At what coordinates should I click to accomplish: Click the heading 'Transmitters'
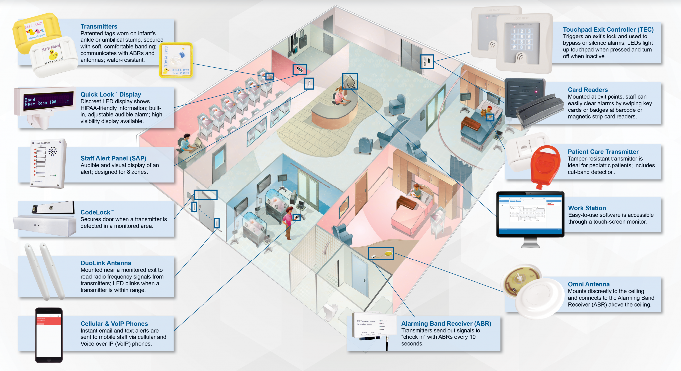(x=99, y=27)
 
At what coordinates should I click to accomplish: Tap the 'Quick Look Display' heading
(x=111, y=95)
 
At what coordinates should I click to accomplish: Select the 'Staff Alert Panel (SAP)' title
(x=113, y=158)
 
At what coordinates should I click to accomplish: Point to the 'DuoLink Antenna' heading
(x=106, y=263)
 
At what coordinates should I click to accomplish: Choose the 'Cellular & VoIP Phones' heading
(x=114, y=324)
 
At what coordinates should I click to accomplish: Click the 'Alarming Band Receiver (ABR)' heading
(x=446, y=324)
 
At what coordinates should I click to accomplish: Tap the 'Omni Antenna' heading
(x=589, y=284)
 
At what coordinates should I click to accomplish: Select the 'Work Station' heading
(x=587, y=208)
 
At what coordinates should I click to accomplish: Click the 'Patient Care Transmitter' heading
(x=603, y=152)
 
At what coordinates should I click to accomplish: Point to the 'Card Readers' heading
(x=588, y=90)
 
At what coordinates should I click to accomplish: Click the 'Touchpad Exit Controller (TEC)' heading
(x=608, y=30)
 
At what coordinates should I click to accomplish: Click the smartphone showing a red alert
(x=49, y=335)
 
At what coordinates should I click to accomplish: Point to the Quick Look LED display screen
(x=49, y=101)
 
